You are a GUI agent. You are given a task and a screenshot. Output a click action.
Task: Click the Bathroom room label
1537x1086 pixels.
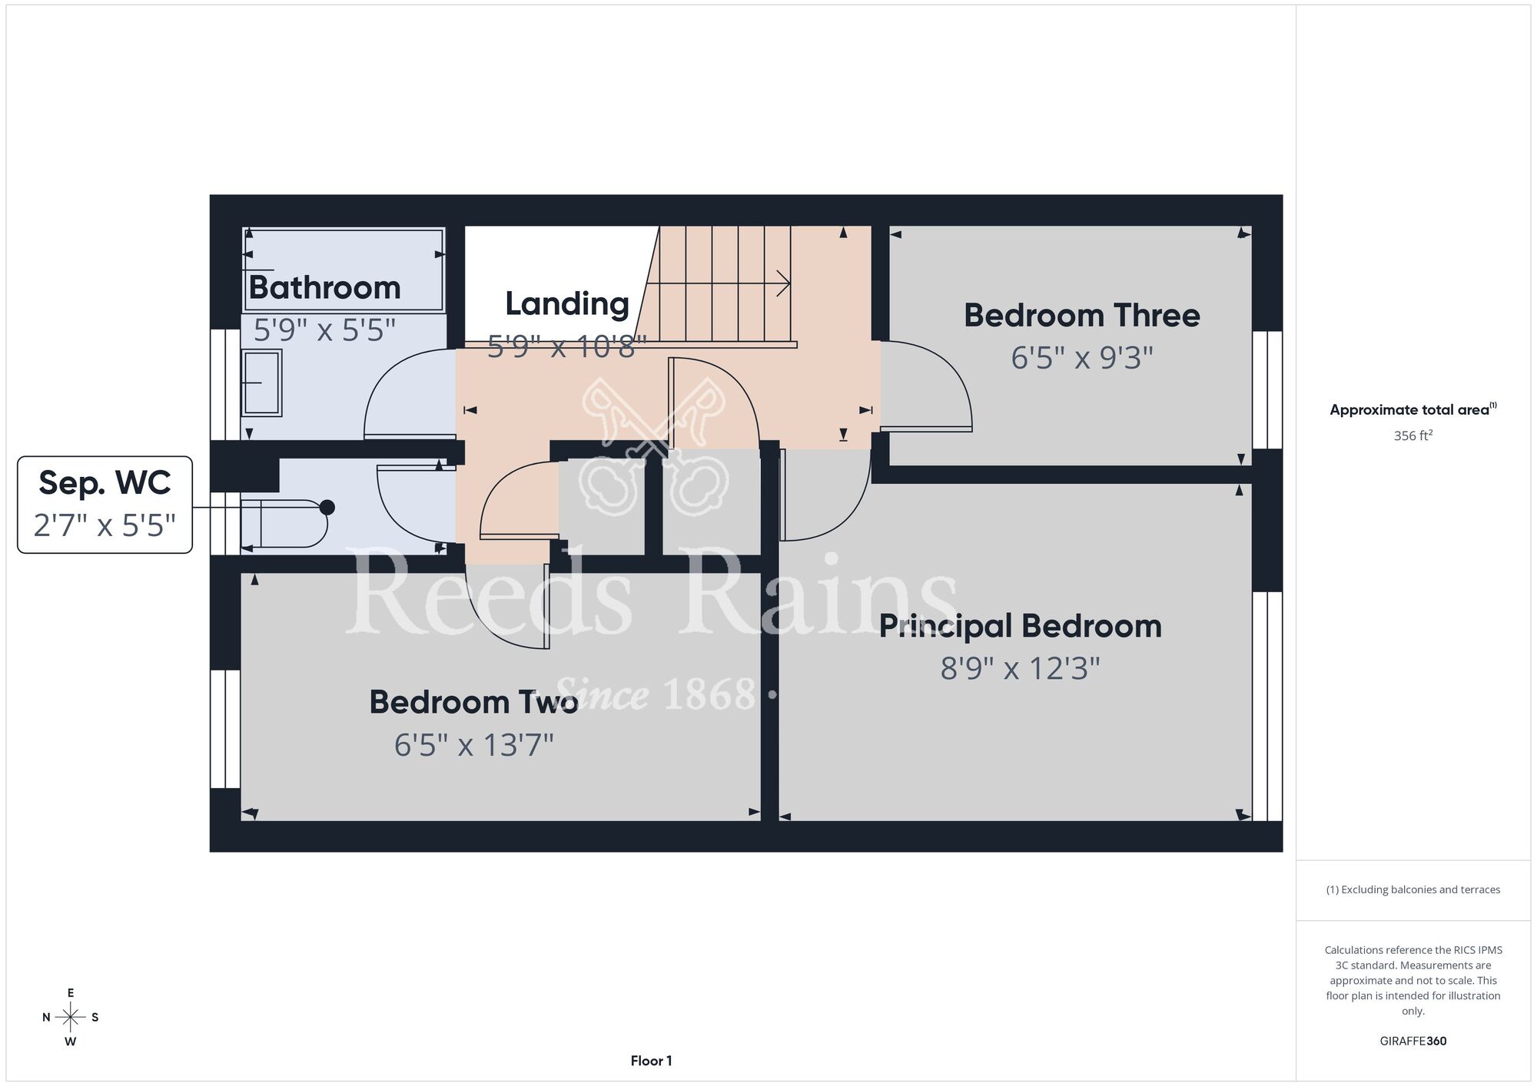click(x=324, y=288)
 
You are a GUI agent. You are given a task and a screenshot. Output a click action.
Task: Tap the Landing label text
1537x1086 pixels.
click(x=567, y=304)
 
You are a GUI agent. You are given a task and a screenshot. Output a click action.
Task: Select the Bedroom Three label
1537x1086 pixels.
click(x=1082, y=316)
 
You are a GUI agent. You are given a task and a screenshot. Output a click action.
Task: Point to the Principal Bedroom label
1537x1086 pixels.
click(x=1020, y=627)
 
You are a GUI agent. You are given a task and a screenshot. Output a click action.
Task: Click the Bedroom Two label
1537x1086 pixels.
click(x=473, y=702)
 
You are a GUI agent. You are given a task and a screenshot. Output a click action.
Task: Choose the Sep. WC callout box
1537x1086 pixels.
click(x=105, y=505)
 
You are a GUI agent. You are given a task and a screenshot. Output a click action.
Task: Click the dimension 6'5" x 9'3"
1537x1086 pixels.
click(x=1082, y=358)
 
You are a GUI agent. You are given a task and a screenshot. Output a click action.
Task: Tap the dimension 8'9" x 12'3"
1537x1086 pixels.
click(x=1020, y=669)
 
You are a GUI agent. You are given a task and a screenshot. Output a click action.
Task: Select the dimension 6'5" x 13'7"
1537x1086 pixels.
click(x=473, y=745)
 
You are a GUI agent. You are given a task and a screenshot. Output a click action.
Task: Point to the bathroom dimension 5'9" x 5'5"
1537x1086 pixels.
click(x=324, y=330)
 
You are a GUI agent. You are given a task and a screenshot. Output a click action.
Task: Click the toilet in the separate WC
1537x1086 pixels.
click(x=284, y=524)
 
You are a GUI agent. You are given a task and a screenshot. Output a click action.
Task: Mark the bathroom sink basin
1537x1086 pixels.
click(x=261, y=382)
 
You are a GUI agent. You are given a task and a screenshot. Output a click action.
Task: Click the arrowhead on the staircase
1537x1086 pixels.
click(x=784, y=283)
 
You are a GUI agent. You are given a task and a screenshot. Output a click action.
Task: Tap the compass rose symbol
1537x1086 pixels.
click(x=71, y=1018)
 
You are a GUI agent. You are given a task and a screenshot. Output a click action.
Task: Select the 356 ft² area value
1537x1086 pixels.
click(x=1413, y=435)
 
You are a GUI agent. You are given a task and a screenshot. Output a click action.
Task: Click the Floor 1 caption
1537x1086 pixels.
click(x=651, y=1061)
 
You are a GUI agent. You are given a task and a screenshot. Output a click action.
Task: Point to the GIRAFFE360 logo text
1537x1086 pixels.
click(x=1413, y=1041)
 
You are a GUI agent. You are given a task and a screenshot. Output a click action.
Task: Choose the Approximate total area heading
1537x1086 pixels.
click(x=1413, y=409)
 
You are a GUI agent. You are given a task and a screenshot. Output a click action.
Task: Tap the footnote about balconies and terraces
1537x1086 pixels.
click(x=1413, y=889)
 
